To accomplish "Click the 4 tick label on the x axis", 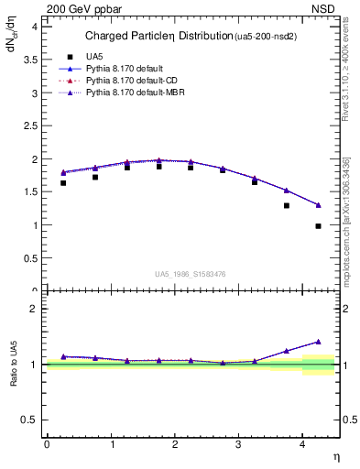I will (303, 444).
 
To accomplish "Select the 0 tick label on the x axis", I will (47, 444).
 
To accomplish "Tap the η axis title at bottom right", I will (334, 456).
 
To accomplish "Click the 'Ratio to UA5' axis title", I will (14, 365).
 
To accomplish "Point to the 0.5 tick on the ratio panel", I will (29, 420).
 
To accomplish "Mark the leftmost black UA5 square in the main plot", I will (63, 183).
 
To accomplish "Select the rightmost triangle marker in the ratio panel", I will (318, 342).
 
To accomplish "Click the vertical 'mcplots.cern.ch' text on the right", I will (346, 220).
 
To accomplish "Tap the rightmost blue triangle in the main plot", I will (318, 205).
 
